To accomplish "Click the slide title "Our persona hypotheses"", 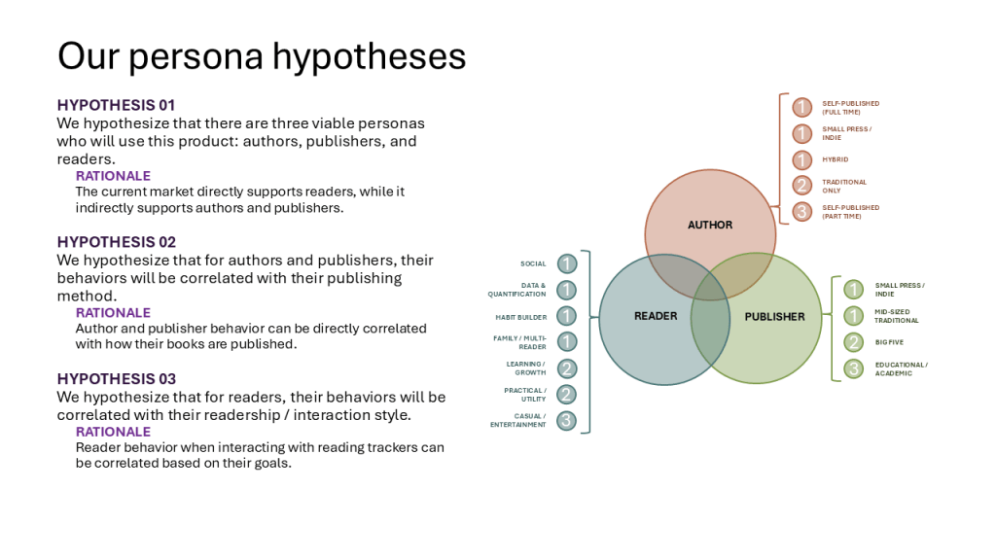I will click(x=262, y=55).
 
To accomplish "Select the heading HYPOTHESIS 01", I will click(x=116, y=105).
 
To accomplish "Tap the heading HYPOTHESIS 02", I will click(x=116, y=242).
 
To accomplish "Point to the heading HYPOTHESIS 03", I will click(x=116, y=379).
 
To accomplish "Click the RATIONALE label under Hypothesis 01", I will click(x=113, y=176).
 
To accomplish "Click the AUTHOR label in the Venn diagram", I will click(x=710, y=225).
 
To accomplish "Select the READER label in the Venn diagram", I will click(x=656, y=316).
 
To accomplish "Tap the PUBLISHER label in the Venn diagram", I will click(x=774, y=316).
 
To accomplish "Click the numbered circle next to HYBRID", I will click(x=801, y=159).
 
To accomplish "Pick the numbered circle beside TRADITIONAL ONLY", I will click(x=801, y=186).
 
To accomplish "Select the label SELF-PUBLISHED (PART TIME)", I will click(x=850, y=211).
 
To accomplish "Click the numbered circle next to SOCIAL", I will click(x=567, y=263).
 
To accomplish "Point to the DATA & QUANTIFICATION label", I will click(x=517, y=290).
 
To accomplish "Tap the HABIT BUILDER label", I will click(x=521, y=317).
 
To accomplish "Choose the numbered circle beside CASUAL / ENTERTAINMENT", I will click(x=567, y=421).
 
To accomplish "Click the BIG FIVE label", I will click(x=889, y=342).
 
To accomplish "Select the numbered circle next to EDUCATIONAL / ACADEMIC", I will click(x=853, y=368).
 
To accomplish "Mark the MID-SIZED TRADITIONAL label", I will click(x=896, y=316).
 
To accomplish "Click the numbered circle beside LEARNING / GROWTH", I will click(x=567, y=368).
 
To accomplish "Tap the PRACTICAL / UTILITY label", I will click(x=526, y=395).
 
